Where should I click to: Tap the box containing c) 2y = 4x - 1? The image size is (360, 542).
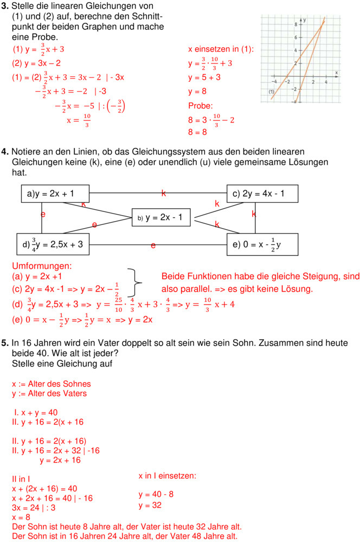click(x=262, y=193)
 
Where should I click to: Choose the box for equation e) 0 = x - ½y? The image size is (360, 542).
click(x=262, y=244)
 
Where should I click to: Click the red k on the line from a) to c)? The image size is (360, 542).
click(x=163, y=193)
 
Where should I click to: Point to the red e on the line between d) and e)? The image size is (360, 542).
click(x=153, y=246)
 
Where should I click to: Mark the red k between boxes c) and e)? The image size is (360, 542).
click(x=254, y=214)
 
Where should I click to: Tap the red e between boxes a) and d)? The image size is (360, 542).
click(x=43, y=215)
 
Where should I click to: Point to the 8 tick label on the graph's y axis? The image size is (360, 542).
click(x=295, y=24)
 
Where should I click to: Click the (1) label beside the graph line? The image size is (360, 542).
click(x=273, y=93)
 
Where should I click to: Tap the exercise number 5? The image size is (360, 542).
click(x=5, y=343)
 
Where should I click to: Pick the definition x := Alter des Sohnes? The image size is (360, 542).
click(x=52, y=384)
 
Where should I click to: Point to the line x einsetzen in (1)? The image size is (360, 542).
click(x=221, y=49)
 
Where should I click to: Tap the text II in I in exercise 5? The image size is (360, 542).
click(x=21, y=479)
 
